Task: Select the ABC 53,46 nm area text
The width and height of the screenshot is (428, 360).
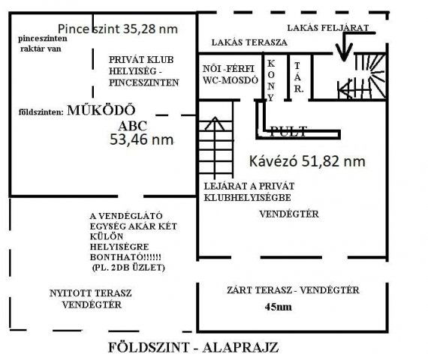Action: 141,133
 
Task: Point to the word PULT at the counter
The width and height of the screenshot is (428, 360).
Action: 288,131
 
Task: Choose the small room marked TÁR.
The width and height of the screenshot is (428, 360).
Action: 298,77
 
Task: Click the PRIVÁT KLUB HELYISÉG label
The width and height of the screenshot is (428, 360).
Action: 143,70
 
